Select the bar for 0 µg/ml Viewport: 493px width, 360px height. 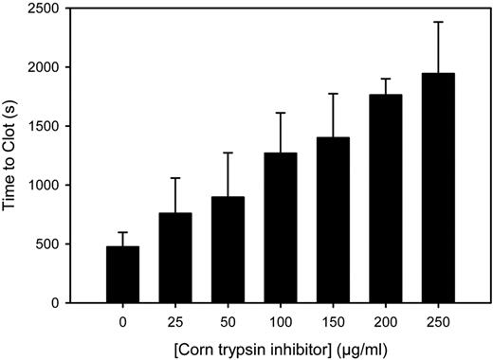[123, 275]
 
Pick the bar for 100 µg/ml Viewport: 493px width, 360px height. [281, 227]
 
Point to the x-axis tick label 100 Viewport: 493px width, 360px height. [281, 320]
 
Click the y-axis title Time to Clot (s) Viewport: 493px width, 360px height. [16, 155]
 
